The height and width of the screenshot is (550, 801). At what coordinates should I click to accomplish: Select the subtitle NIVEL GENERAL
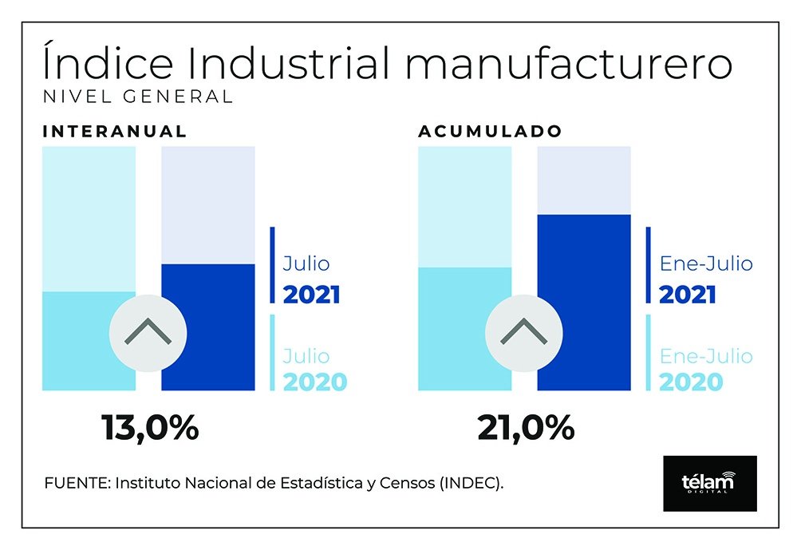[x=137, y=97]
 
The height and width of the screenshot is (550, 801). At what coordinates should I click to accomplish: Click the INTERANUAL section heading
[x=115, y=132]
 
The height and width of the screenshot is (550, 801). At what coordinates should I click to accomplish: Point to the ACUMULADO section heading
[x=490, y=132]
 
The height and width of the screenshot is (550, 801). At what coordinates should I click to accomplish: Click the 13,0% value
[x=150, y=429]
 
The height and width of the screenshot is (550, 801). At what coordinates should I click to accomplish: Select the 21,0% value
[x=526, y=429]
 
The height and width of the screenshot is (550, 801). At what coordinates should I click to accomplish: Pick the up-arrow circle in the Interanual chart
[x=148, y=332]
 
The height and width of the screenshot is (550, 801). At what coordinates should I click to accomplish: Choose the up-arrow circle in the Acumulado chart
[x=523, y=332]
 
